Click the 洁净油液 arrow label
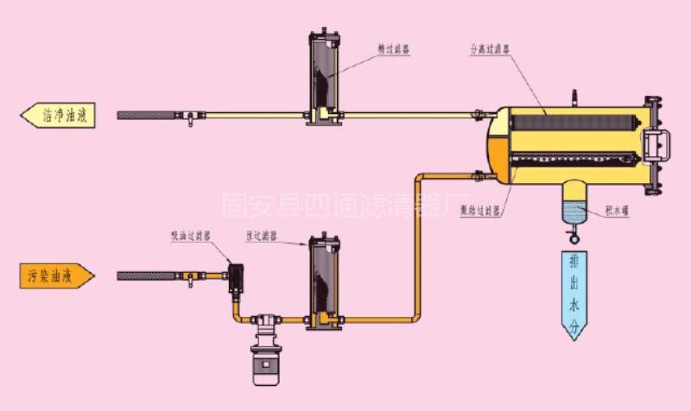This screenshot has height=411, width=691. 56,115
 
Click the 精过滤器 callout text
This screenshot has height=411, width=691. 393,51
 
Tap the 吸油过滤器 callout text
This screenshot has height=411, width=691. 191,235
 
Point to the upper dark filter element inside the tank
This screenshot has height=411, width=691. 574,123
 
